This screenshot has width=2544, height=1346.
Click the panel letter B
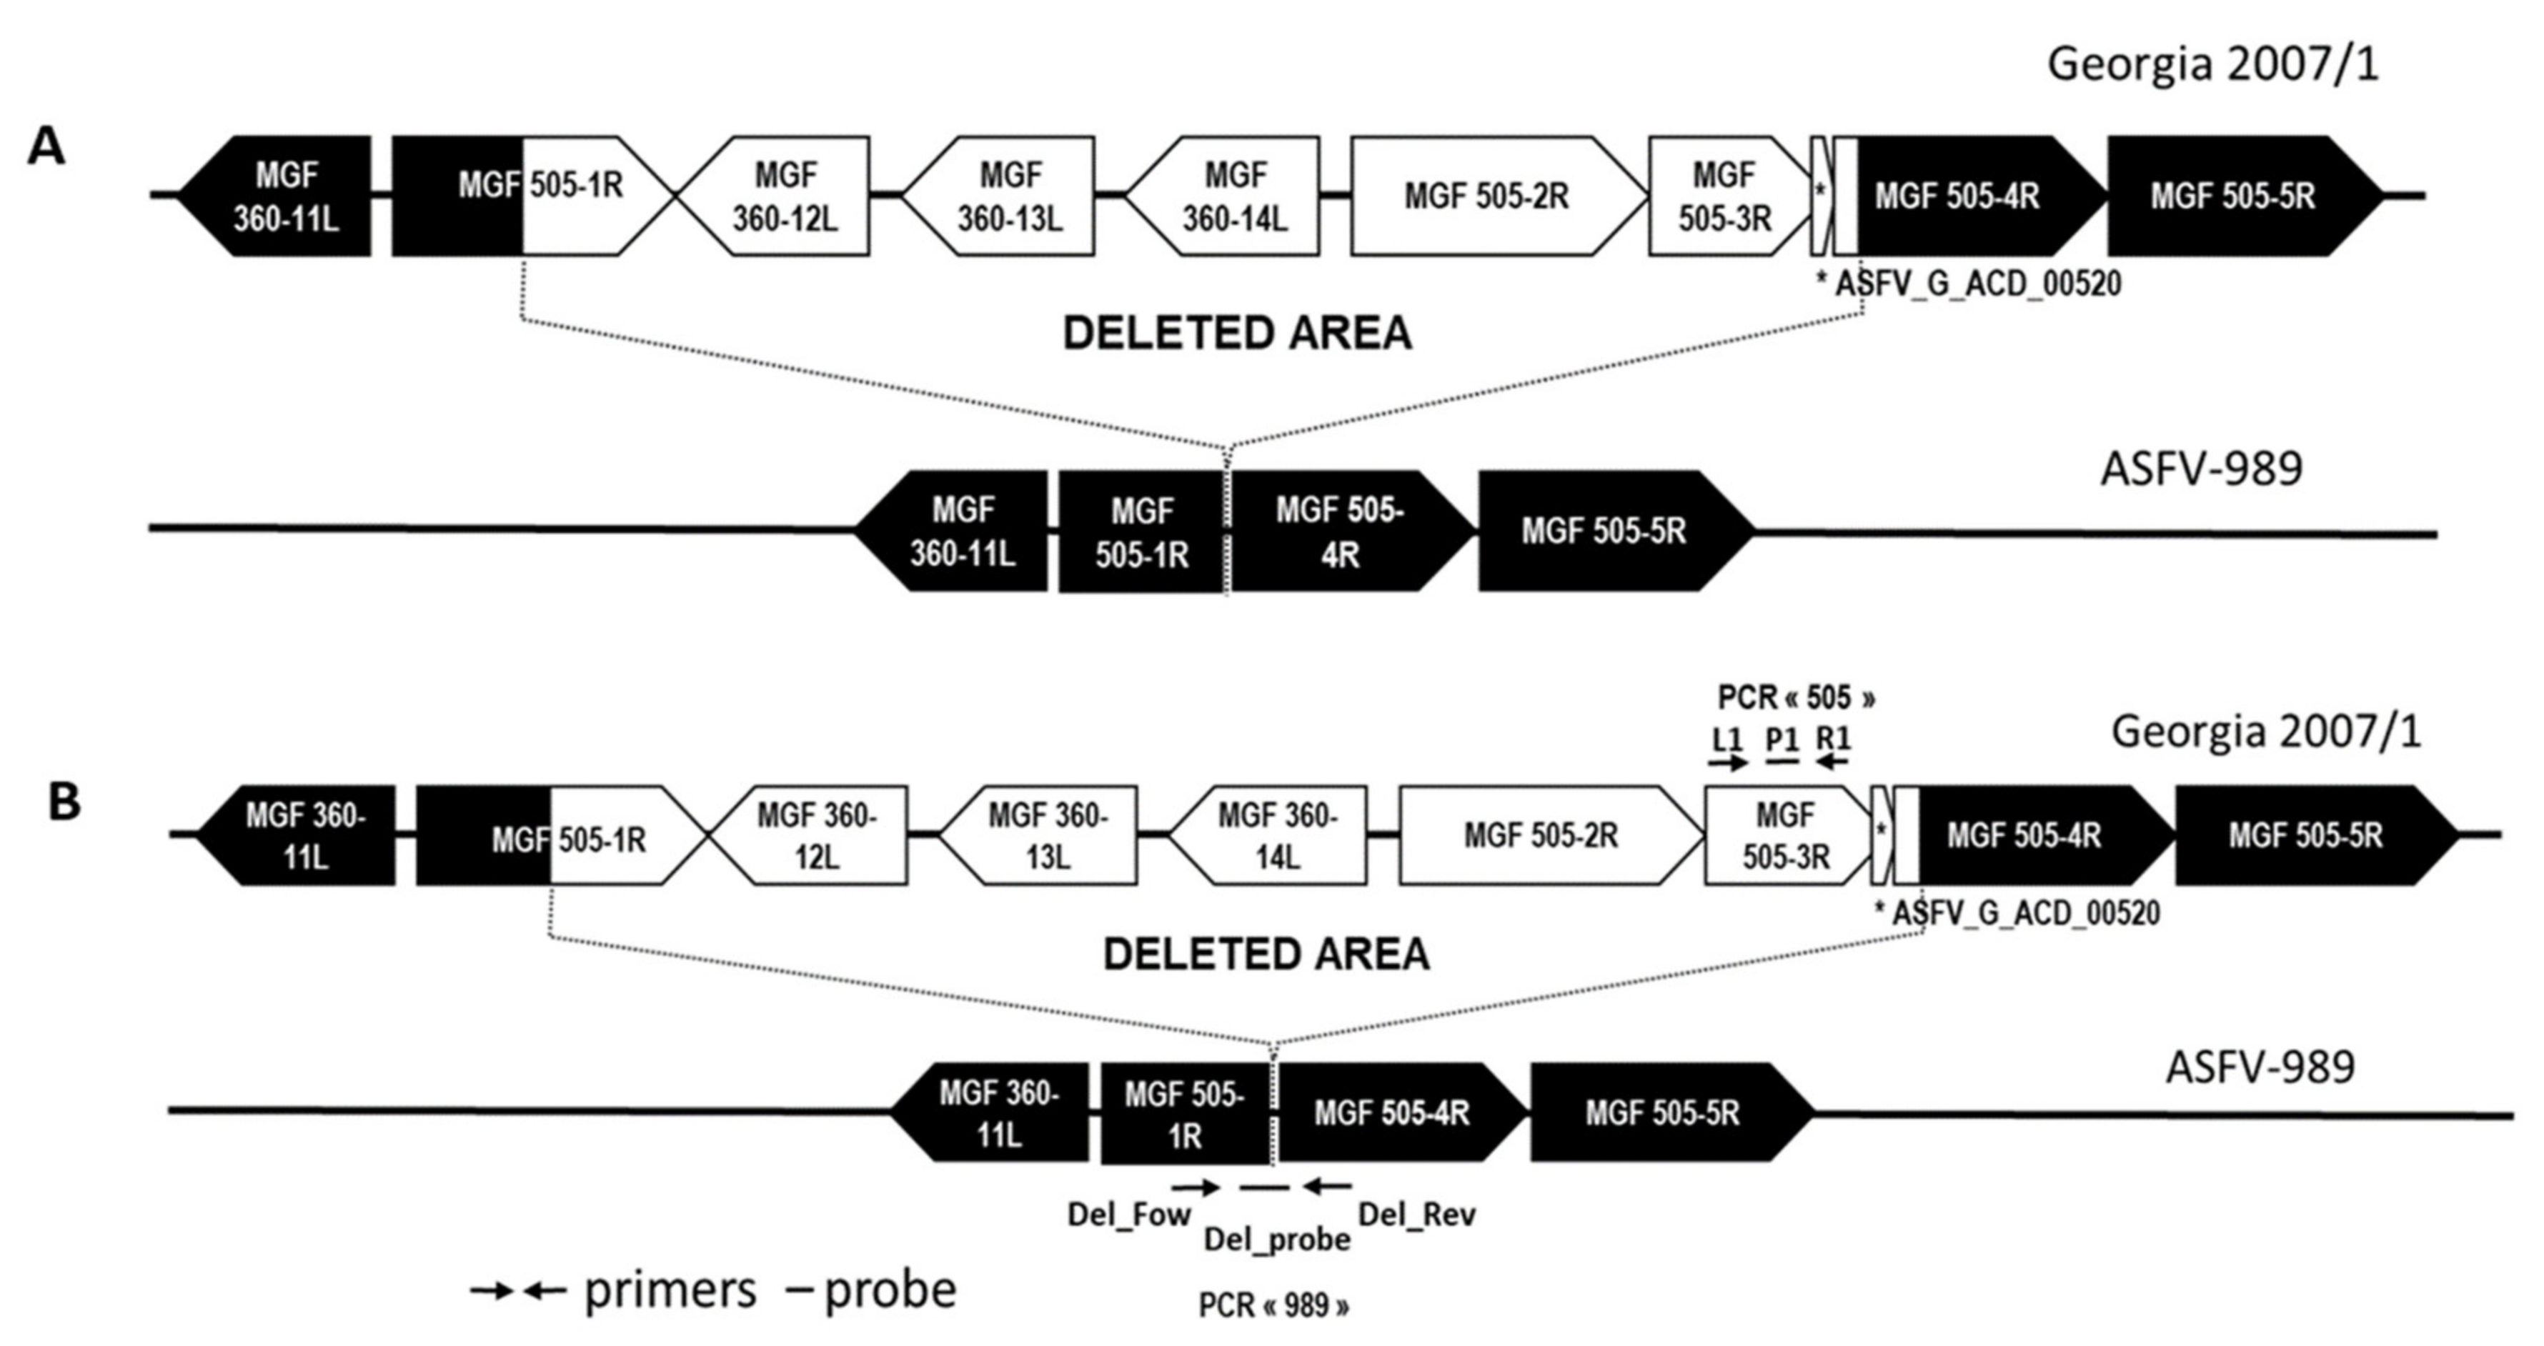(x=64, y=802)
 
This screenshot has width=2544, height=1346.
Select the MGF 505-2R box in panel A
(x=1486, y=196)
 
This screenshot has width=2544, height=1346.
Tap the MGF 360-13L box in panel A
(x=1009, y=196)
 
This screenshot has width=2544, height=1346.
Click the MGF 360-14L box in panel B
(x=1276, y=835)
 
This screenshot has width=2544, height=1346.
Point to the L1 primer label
(x=1726, y=739)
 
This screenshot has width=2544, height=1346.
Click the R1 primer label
(x=1833, y=739)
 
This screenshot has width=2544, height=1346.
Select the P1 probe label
(x=1782, y=739)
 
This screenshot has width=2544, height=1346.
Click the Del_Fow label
(x=1129, y=1215)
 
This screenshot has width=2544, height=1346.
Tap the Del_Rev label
(x=1417, y=1215)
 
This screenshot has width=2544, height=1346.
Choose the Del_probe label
(x=1276, y=1240)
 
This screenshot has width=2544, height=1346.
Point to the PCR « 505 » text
(x=1795, y=697)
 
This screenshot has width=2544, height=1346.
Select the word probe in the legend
(x=890, y=1290)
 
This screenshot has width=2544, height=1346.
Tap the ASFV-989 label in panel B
(x=2260, y=1067)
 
